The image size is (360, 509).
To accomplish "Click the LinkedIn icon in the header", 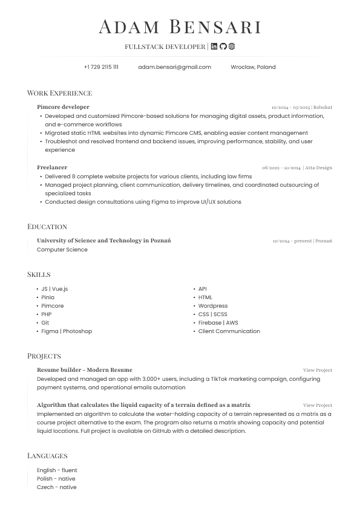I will (x=214, y=47).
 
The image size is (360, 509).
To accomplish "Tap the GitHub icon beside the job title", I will (x=223, y=47).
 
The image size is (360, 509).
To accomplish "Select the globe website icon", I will (x=231, y=47).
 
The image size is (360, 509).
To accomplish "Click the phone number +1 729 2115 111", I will (x=101, y=67).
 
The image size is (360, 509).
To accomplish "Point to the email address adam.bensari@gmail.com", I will (x=174, y=67).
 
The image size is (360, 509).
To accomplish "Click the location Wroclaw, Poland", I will (x=253, y=67).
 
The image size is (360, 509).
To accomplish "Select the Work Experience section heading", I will (x=59, y=93).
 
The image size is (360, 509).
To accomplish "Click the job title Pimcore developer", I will (x=63, y=107).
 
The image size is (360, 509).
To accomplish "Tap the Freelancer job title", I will (x=52, y=167).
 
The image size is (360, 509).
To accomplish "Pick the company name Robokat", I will (x=322, y=108).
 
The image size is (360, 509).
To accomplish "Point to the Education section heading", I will (x=47, y=227).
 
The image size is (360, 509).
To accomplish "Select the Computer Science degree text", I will (x=62, y=250).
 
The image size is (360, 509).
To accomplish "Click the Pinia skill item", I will (x=48, y=297).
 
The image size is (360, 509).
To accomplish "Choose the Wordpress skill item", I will (x=213, y=306).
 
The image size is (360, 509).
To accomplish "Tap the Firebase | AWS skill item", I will (x=218, y=323).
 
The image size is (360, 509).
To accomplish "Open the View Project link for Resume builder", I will (x=318, y=370).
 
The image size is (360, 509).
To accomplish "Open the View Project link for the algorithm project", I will (x=318, y=406).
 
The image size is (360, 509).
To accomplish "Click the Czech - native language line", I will (x=56, y=487).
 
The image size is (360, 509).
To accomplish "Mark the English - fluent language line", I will (x=57, y=470).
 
